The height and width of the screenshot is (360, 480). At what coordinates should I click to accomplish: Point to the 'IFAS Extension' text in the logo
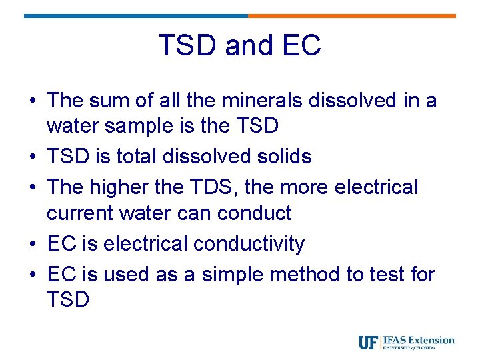point(419,340)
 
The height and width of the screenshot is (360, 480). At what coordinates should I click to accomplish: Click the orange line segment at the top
point(351,15)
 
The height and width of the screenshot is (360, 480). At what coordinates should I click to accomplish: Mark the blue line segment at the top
point(136,15)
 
